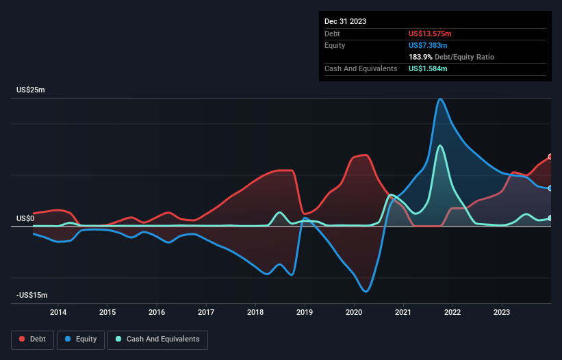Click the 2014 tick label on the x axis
click(58, 313)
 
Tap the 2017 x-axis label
click(206, 313)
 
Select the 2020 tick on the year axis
click(354, 313)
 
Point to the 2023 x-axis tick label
click(502, 313)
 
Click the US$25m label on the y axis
click(30, 90)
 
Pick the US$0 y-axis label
click(25, 219)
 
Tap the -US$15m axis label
click(32, 295)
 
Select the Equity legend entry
click(81, 339)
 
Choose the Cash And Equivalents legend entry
click(157, 339)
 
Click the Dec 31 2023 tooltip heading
click(345, 21)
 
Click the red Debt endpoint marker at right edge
click(550, 157)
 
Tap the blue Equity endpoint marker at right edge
click(550, 188)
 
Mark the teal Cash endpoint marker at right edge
click(550, 218)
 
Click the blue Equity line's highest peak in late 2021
click(440, 99)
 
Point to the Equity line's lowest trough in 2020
click(366, 292)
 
